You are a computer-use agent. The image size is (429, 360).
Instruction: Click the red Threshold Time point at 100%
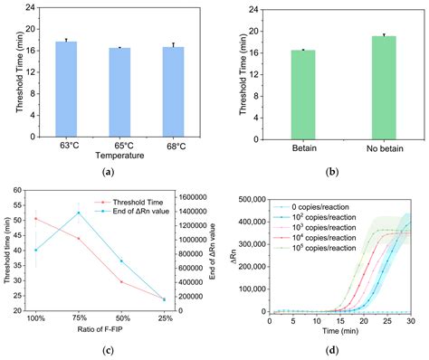click(x=35, y=218)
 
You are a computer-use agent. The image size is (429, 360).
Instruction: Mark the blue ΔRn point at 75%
click(x=79, y=213)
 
